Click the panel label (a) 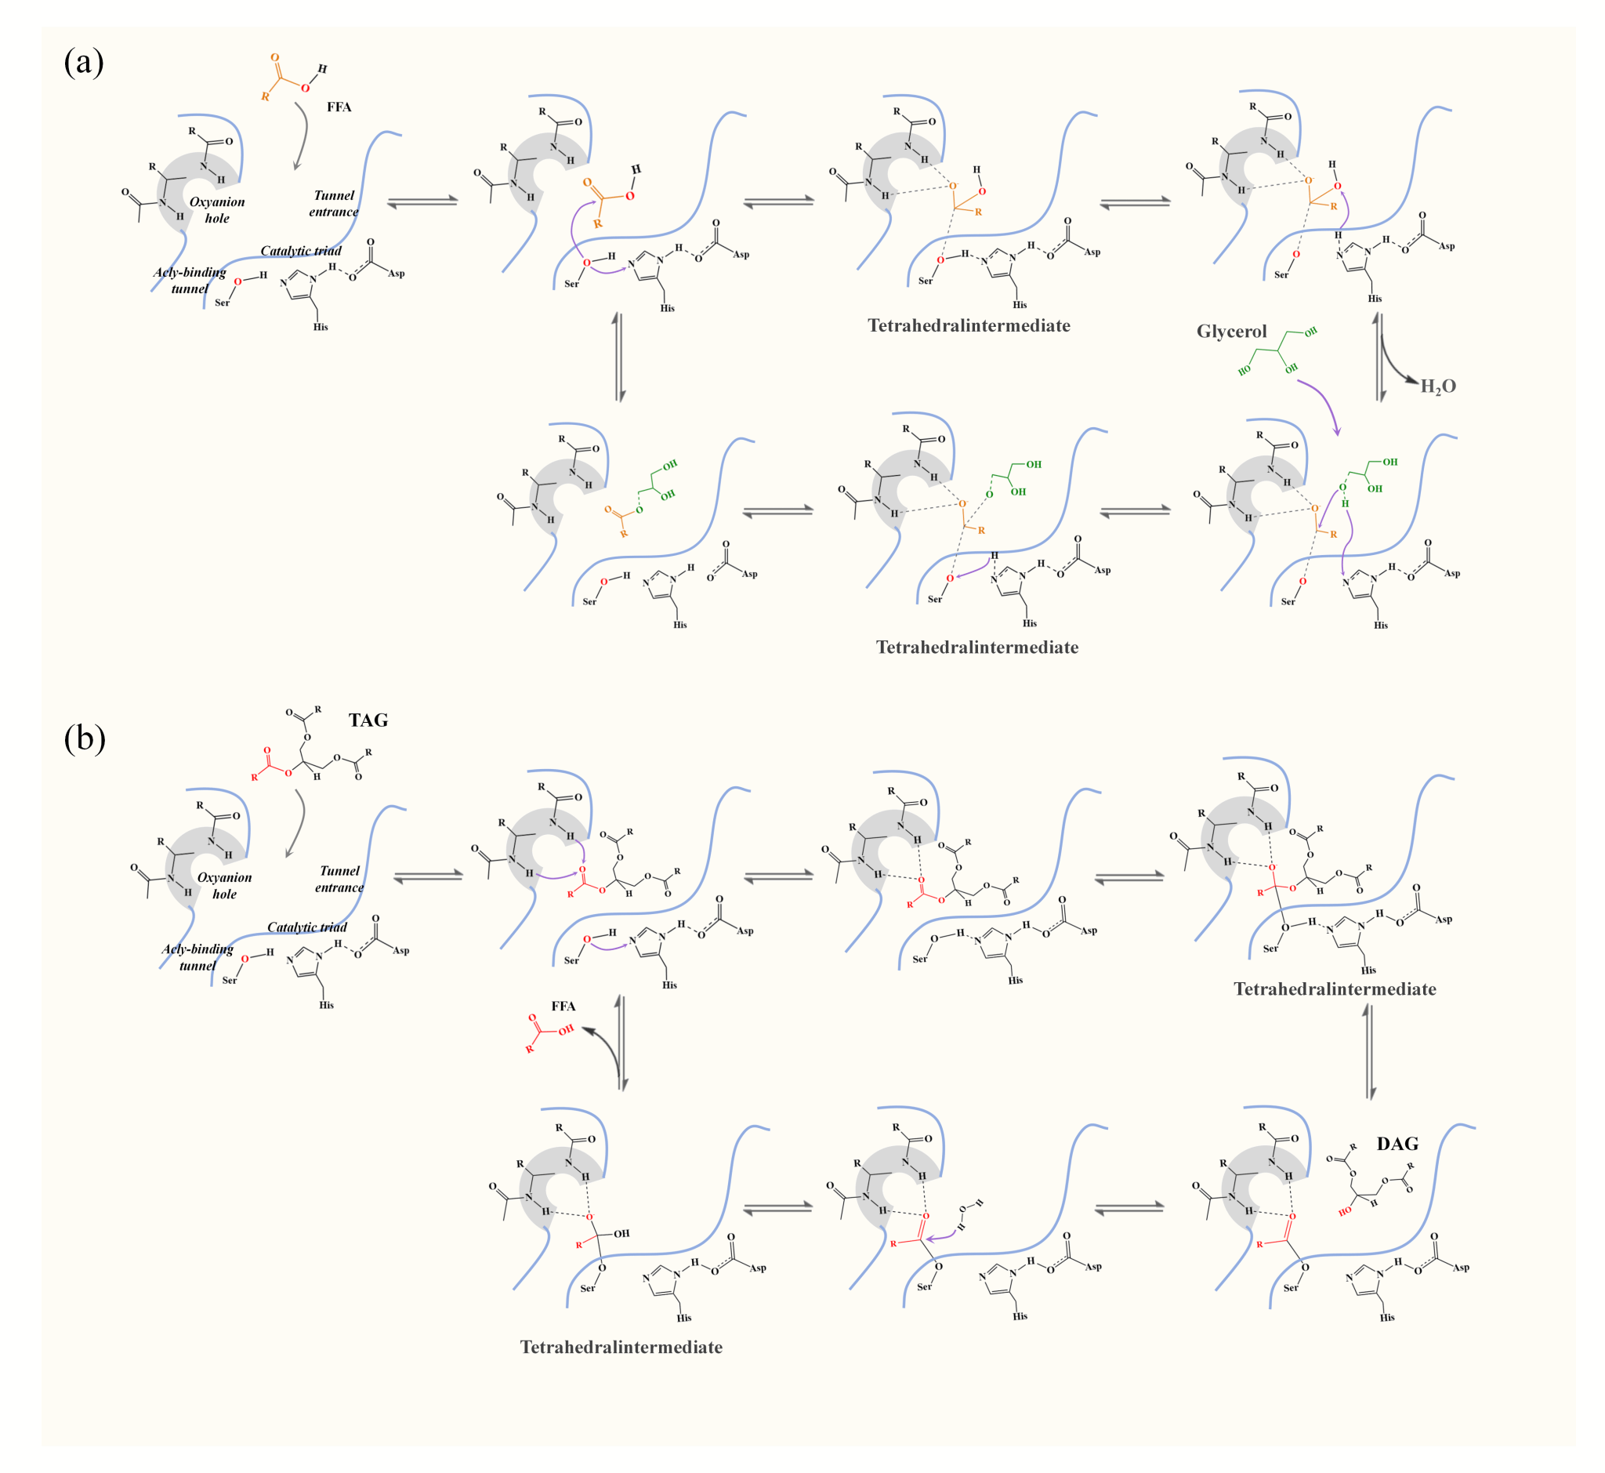(x=84, y=62)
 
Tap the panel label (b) (x=84, y=738)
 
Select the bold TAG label (x=368, y=720)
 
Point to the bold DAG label (x=1397, y=1144)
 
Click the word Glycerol (x=1231, y=332)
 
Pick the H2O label (x=1437, y=386)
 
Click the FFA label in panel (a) (x=339, y=107)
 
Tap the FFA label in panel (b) (x=563, y=1006)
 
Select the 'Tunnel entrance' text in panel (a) (x=334, y=203)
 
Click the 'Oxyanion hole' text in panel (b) (x=225, y=886)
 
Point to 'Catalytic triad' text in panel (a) (x=300, y=251)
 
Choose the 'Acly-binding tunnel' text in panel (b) (x=197, y=956)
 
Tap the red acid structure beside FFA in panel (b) (x=549, y=1032)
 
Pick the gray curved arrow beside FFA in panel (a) (x=302, y=136)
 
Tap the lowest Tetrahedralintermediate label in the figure (x=621, y=1347)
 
